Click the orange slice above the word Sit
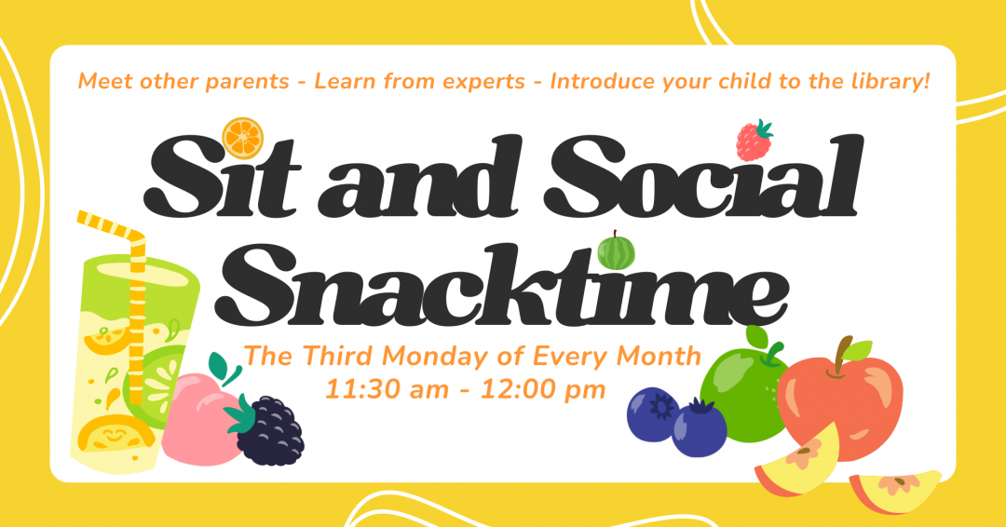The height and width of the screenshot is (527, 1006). point(243,138)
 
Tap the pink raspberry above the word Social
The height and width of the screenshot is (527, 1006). point(754,140)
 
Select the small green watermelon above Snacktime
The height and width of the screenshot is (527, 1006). point(616,251)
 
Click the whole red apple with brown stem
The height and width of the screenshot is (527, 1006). point(841,396)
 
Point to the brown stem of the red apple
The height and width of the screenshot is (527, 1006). point(844,352)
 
